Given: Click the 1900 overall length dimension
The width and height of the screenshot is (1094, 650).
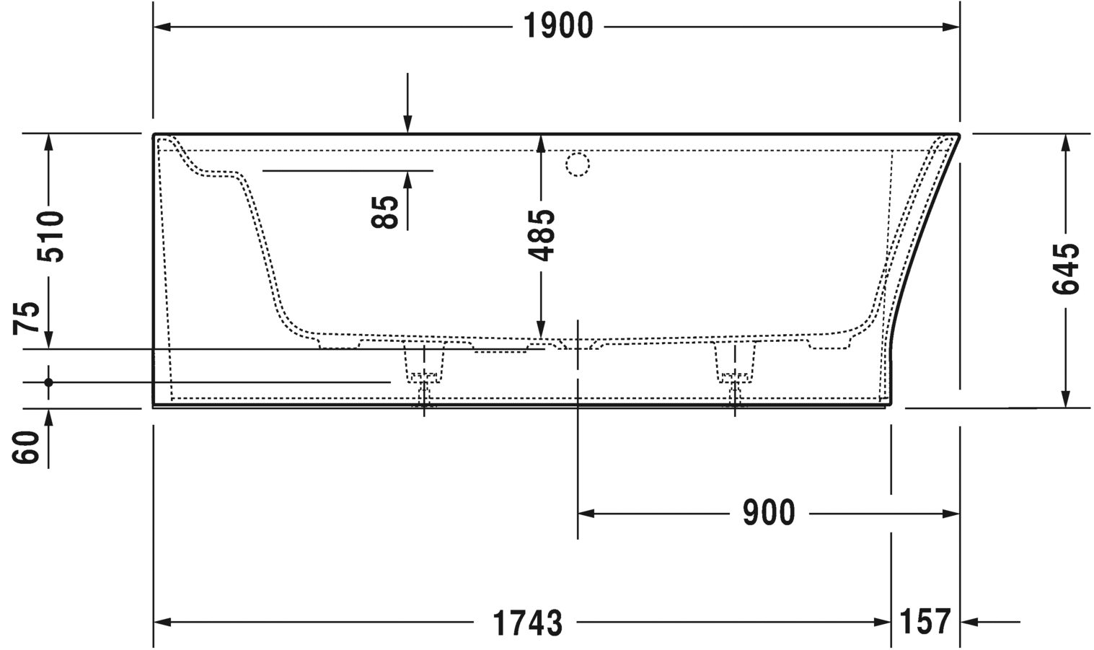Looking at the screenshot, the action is pos(558,26).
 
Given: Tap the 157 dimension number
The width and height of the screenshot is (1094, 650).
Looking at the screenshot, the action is pos(925,621).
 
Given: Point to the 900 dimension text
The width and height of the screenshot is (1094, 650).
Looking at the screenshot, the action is pos(769,513).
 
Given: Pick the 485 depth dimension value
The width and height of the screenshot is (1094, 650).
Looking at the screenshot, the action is pos(541,235).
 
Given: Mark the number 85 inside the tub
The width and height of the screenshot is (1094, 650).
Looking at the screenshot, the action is pos(385,212).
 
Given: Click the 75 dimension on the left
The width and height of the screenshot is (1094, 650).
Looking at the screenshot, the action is pos(27,317).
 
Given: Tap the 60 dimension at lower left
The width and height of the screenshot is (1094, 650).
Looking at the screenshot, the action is pos(27,448).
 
